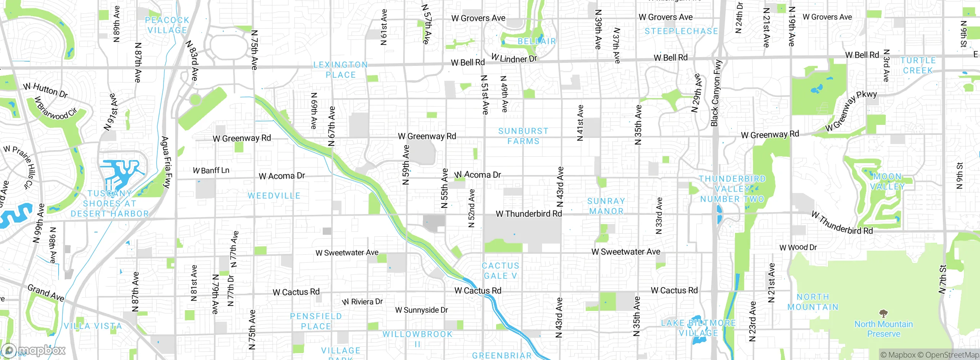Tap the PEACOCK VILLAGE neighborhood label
[x=167, y=25]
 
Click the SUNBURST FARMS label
[x=523, y=136]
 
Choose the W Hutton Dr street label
[x=45, y=90]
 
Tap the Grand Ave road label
[x=46, y=293]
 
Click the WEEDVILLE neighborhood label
[x=274, y=196]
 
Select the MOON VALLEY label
[x=887, y=182]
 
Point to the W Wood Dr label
[x=798, y=247]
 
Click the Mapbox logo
[x=34, y=350]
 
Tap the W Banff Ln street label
[x=211, y=170]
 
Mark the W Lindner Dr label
[x=514, y=59]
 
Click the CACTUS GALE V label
[x=500, y=271]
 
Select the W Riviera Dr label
[x=363, y=302]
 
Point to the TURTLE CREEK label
[x=918, y=65]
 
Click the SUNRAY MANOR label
[x=606, y=206]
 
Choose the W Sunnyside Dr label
[x=421, y=310]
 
